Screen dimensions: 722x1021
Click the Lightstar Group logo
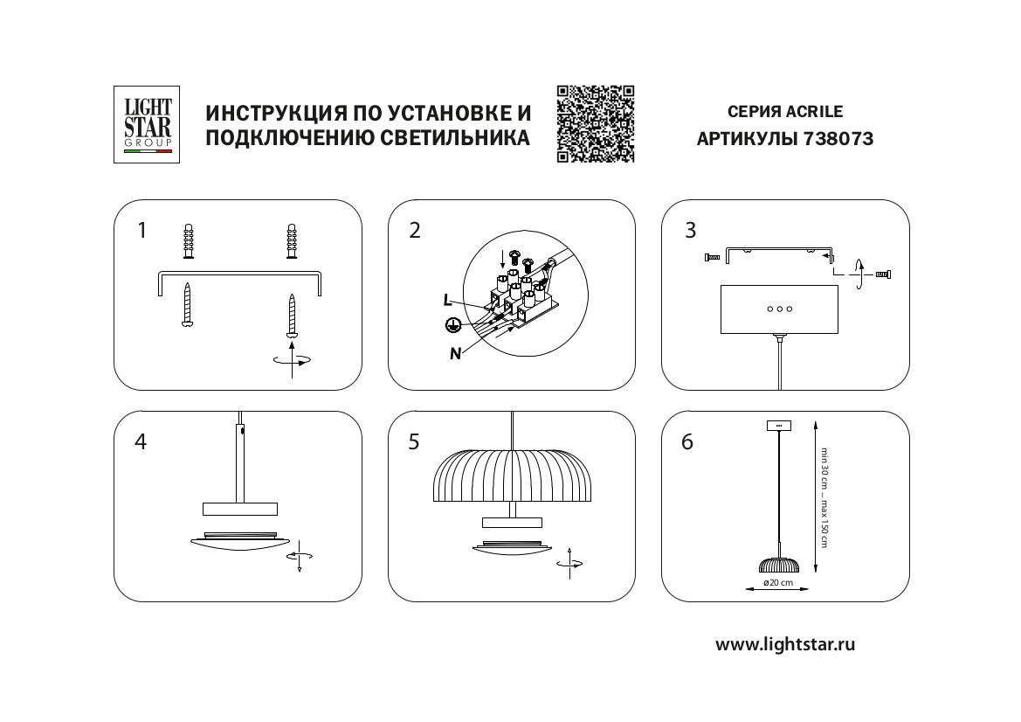pos(147,124)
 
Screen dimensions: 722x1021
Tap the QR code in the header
pos(596,124)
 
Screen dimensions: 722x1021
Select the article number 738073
pos(838,139)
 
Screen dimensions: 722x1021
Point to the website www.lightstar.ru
pos(785,645)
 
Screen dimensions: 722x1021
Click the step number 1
pos(141,231)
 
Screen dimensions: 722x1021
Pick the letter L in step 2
pos(447,300)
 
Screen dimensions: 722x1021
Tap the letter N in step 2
pos(455,353)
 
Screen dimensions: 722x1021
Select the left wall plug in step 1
pos(188,242)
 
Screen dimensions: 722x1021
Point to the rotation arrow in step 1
pos(291,359)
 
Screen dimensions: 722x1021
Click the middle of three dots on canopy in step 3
pos(778,309)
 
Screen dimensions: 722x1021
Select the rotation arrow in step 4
pos(300,557)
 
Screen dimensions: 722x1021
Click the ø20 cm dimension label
pos(777,583)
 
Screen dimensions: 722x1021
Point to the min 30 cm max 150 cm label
pos(823,496)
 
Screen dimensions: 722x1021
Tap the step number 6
pos(687,442)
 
